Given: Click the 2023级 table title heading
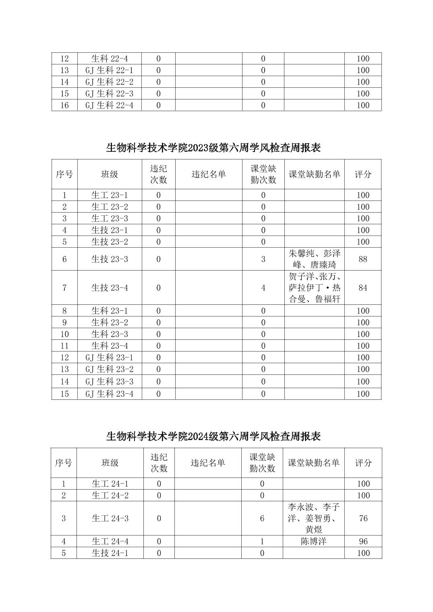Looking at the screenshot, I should coord(213,148).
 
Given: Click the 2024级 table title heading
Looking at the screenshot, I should coord(213,436).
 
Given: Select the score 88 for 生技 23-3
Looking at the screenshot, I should coord(363,259).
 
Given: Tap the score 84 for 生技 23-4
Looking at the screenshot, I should coord(363,288).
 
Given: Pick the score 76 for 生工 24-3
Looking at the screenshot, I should coord(363,519).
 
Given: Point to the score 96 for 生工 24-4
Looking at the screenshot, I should coord(363,542).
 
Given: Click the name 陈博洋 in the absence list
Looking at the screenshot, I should coord(313,542).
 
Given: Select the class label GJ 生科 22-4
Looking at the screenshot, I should coord(109,105).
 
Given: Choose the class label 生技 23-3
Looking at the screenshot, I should coord(109,259).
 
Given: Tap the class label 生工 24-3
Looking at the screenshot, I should coord(110,519).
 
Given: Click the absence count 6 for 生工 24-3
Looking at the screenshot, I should coord(262,519).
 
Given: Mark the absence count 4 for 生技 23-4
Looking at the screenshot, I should coord(263,288).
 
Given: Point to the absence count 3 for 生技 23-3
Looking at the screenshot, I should coord(263,259).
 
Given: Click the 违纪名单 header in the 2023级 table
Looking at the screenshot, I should coord(208,174).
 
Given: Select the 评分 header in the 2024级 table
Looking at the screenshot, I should coord(363,463).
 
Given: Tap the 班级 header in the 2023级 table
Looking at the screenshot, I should coord(109,174).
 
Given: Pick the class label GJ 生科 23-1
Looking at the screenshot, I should coord(109,358).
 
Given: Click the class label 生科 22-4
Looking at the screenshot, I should coord(109,59).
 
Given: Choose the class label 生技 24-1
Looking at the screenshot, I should coord(110,553).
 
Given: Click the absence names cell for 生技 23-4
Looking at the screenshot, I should coord(314,288).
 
